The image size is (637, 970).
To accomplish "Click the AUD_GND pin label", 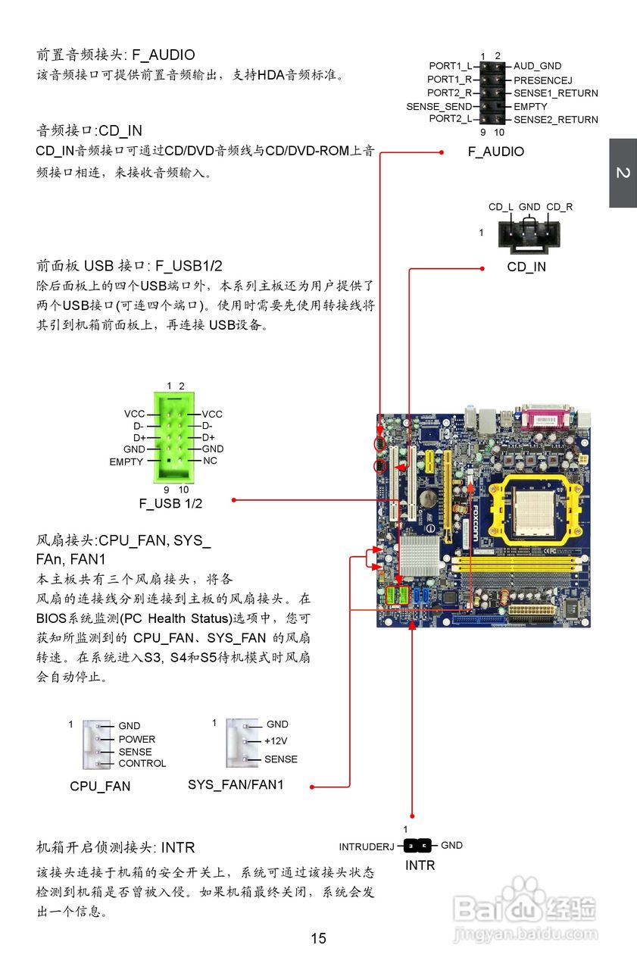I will [537, 67].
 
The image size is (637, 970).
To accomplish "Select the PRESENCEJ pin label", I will [542, 80].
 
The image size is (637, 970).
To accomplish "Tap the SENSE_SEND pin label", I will [439, 107].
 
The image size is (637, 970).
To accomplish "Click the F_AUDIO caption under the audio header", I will [495, 152].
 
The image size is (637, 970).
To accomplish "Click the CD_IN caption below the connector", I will [526, 267].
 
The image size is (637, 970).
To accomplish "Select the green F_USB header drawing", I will [176, 437].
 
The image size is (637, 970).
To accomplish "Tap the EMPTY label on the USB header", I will [126, 462].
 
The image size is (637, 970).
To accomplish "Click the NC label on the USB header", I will [210, 461].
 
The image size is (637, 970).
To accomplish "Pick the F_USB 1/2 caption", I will [170, 503].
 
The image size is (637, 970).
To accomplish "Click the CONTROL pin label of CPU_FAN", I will [142, 764].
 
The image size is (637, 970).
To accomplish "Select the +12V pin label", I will [276, 741].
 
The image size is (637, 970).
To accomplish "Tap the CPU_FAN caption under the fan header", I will [100, 787].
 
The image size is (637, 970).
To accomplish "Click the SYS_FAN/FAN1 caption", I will [236, 785].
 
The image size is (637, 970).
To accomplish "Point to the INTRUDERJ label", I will [366, 846].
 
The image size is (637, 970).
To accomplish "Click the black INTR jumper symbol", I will [417, 846].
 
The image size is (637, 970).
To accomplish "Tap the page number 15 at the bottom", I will [318, 939].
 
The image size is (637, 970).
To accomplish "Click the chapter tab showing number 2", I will [623, 174].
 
